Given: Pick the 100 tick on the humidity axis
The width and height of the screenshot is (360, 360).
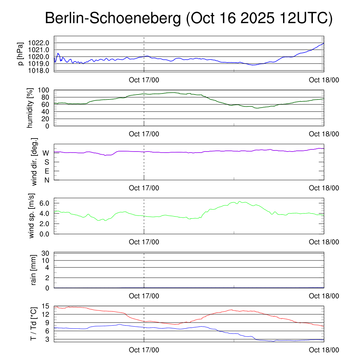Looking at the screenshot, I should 46,90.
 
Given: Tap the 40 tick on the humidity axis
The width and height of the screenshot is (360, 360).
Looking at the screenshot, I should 47,111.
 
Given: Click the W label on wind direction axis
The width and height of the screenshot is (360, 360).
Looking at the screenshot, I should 46,153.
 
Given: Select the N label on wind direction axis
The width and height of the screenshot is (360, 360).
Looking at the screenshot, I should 46,180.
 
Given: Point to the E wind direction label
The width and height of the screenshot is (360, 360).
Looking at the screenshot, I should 46,171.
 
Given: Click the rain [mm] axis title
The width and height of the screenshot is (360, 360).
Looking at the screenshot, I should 34,270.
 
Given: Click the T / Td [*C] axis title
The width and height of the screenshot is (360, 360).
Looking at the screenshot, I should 34,323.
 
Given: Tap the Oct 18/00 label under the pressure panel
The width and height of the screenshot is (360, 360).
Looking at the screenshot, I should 324,80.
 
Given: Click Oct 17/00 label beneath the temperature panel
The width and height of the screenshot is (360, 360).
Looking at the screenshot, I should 144,350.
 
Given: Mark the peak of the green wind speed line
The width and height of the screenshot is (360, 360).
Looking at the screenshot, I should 239,201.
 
